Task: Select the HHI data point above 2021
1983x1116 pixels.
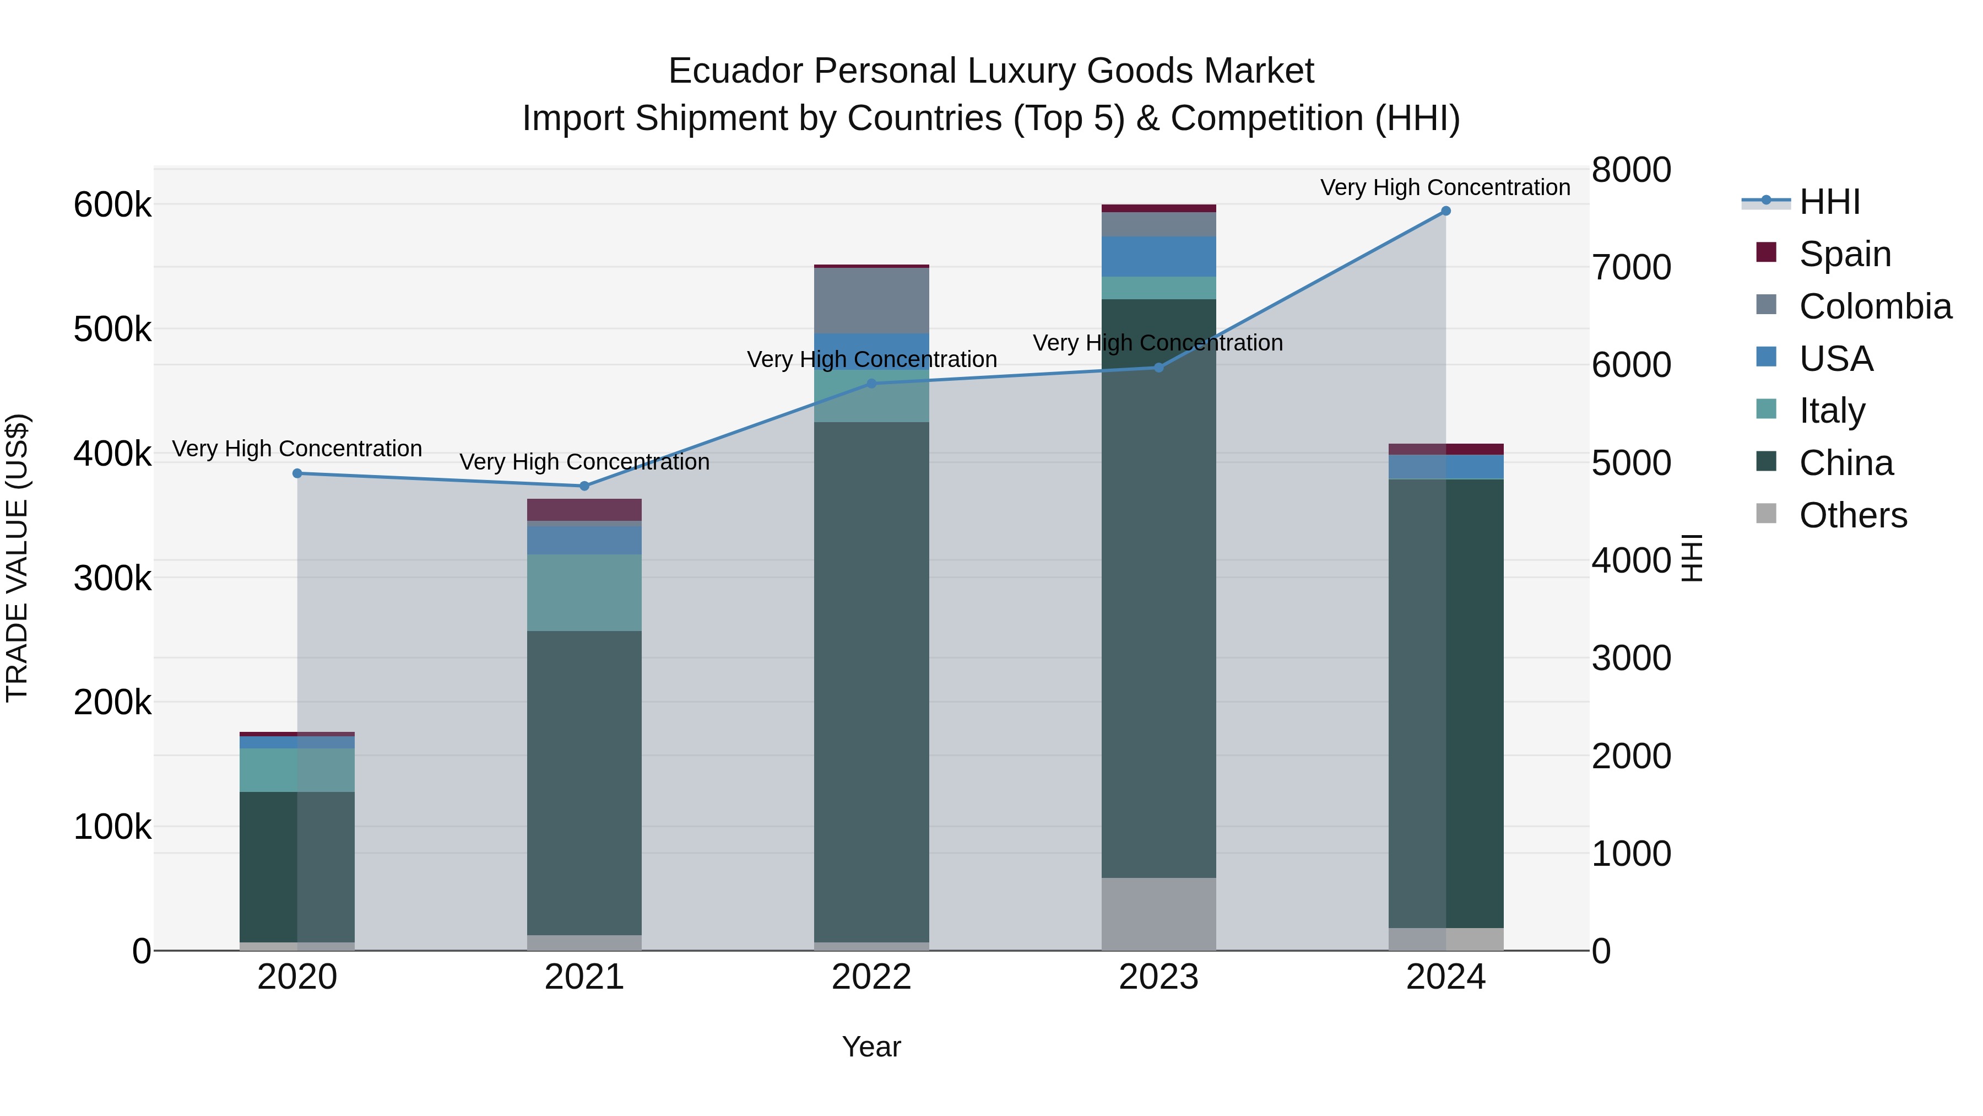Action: pos(584,486)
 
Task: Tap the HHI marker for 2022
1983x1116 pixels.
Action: pos(871,384)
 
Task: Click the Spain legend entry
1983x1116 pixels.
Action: pos(1844,254)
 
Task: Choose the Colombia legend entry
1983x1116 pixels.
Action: pos(1874,306)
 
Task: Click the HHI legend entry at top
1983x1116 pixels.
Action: pos(1829,202)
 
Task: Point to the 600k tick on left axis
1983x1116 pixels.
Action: pos(112,206)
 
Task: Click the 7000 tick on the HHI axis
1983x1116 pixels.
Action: pos(1630,268)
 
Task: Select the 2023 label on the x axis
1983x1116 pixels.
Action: pos(1158,977)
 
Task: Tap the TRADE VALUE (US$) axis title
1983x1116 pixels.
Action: pos(18,558)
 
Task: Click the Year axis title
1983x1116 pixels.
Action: pos(871,1047)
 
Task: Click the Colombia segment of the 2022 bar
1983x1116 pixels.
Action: pos(871,300)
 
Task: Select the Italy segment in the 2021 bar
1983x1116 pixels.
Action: pos(584,592)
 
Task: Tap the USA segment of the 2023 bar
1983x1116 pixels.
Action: pos(1158,256)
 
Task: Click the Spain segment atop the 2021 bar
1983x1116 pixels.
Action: pos(584,510)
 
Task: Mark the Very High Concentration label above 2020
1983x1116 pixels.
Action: pos(297,449)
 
